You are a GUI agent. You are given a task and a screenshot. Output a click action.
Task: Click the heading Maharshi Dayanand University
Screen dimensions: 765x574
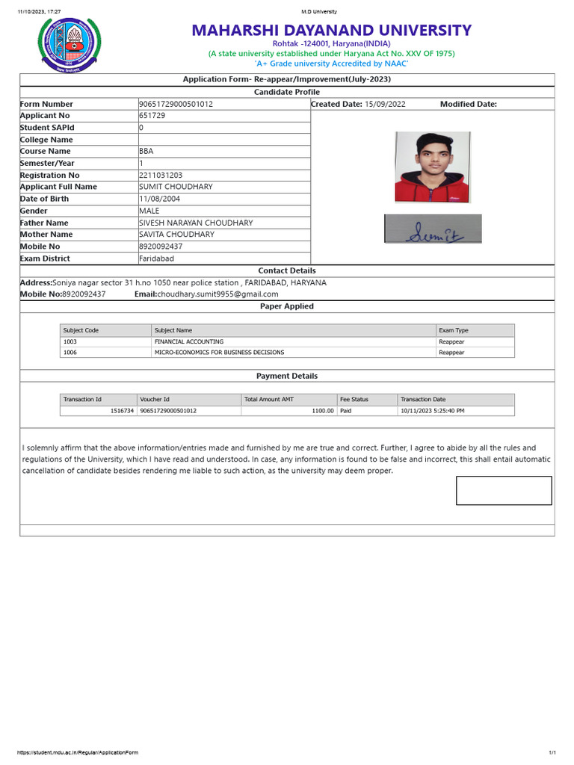(331, 31)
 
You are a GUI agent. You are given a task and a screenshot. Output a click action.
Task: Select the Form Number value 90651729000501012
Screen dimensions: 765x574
(176, 104)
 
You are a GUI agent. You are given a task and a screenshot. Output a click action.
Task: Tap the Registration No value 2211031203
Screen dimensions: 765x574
(161, 175)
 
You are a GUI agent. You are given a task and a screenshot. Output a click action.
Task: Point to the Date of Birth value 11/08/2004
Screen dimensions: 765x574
(159, 199)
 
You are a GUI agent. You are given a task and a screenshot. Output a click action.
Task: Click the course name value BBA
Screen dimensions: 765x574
(146, 151)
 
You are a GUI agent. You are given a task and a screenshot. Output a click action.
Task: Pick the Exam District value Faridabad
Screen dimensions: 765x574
(156, 258)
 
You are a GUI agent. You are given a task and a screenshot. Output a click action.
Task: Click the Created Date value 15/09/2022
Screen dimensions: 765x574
(385, 104)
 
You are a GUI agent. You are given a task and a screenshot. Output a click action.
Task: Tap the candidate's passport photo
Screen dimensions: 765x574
(433, 167)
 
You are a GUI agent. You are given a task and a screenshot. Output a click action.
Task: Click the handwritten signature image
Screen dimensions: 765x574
(433, 229)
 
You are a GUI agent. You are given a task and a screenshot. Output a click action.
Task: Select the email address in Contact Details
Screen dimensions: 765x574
(217, 294)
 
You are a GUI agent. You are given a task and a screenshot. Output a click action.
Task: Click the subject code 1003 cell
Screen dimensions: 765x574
(70, 341)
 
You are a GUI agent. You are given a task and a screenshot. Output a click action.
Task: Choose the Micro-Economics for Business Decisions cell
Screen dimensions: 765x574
(219, 352)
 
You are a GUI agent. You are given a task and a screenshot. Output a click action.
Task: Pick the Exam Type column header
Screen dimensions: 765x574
(454, 330)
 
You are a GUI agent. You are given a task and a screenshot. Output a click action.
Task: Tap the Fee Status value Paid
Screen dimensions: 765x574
(346, 411)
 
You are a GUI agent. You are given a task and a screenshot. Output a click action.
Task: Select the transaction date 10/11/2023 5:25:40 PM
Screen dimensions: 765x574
(433, 411)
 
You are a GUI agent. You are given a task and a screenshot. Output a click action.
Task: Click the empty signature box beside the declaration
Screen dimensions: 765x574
(504, 491)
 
